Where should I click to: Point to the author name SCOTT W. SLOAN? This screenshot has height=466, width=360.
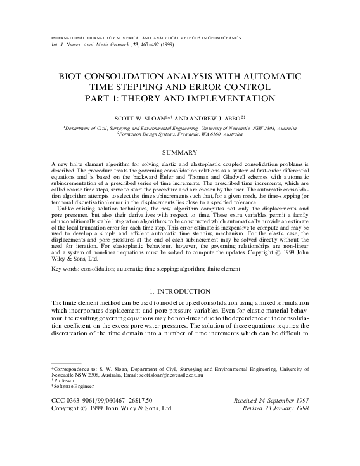pyautogui.click(x=153, y=118)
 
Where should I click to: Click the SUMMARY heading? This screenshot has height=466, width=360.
pyautogui.click(x=180, y=152)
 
